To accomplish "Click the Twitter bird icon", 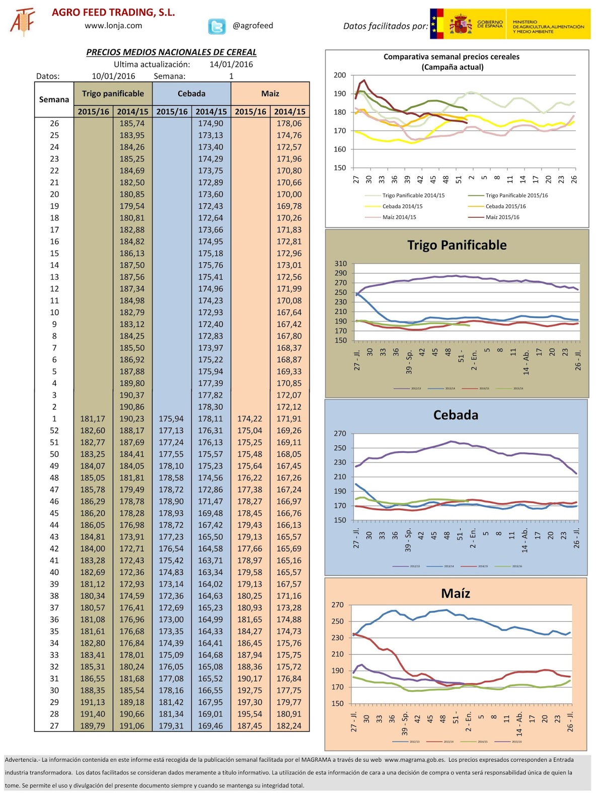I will click(x=217, y=26).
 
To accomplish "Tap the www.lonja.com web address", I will click(x=113, y=26).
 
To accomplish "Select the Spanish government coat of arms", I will click(x=460, y=24).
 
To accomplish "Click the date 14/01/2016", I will click(x=231, y=64).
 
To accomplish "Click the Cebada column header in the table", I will click(x=191, y=94).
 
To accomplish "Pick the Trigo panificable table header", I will click(x=113, y=94).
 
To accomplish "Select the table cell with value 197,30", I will click(x=250, y=702).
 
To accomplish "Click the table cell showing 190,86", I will click(x=132, y=407).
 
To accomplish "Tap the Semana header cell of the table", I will click(x=54, y=100).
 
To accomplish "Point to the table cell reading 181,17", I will click(x=93, y=419).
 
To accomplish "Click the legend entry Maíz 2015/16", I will click(x=502, y=217).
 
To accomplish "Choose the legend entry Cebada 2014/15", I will click(x=402, y=206).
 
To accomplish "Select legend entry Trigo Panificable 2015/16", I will click(x=516, y=195).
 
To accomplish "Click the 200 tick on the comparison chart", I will click(x=340, y=75).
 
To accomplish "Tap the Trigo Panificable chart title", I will click(x=457, y=245).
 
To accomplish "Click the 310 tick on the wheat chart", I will click(x=341, y=264).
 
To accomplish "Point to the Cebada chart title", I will click(x=456, y=415).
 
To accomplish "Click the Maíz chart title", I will click(x=456, y=593).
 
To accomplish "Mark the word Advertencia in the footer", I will click(x=21, y=760).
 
